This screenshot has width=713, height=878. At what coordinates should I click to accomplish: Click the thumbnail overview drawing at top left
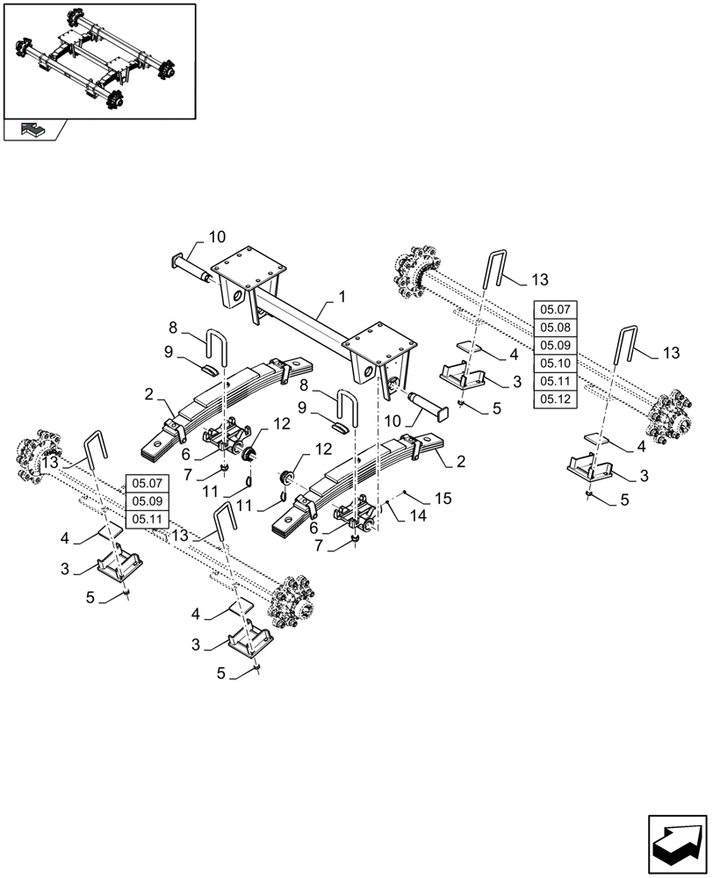pyautogui.click(x=98, y=60)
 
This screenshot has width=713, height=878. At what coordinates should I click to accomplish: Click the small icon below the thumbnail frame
pyautogui.click(x=32, y=130)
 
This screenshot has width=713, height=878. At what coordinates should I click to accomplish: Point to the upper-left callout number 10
pyautogui.click(x=217, y=236)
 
